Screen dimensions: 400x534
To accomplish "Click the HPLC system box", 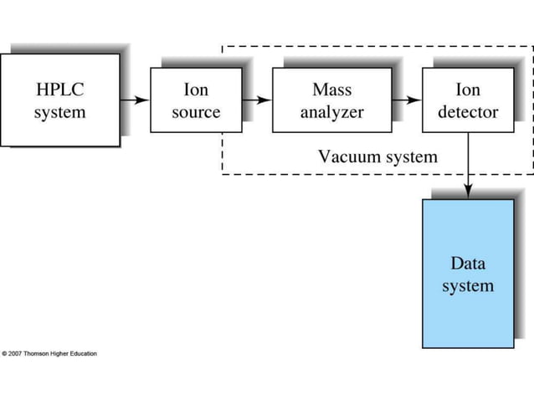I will [59, 100].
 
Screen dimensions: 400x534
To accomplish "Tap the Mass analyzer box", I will [331, 100].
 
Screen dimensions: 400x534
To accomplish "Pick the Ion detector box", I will [467, 100].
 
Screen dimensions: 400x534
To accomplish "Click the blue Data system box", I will [468, 274].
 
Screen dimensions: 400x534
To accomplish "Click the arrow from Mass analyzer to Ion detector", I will [406, 100].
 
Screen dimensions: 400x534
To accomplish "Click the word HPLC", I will [59, 89].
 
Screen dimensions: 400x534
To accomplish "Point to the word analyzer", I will [331, 111].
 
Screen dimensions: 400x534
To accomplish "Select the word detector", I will [467, 111].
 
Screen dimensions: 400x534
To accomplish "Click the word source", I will [196, 111].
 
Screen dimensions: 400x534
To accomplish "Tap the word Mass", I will [331, 89].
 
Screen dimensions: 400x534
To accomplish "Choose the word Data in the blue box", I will [468, 264].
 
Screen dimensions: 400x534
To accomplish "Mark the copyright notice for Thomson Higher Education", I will [49, 353].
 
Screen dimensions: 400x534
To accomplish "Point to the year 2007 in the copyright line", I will [18, 353].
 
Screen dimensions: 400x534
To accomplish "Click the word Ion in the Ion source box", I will [196, 89].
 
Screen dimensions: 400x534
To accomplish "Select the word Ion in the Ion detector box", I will [467, 89].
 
